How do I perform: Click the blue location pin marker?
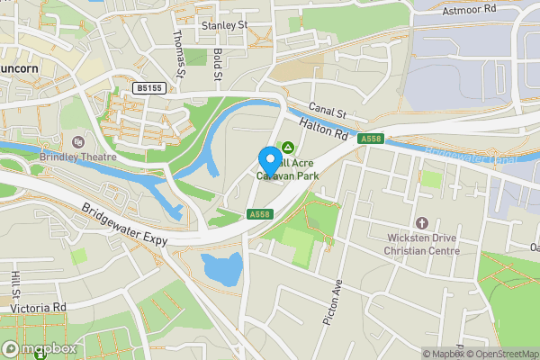[269, 160]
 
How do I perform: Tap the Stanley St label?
[224, 26]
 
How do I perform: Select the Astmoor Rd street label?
[470, 9]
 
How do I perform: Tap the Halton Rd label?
[325, 131]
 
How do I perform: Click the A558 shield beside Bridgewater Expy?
[259, 214]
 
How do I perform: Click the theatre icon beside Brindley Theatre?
[77, 142]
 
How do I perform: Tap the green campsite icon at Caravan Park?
[289, 147]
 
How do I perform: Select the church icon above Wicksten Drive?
[419, 222]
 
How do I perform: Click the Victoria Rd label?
[39, 307]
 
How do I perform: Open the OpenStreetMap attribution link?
[502, 354]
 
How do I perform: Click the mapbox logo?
[38, 348]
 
